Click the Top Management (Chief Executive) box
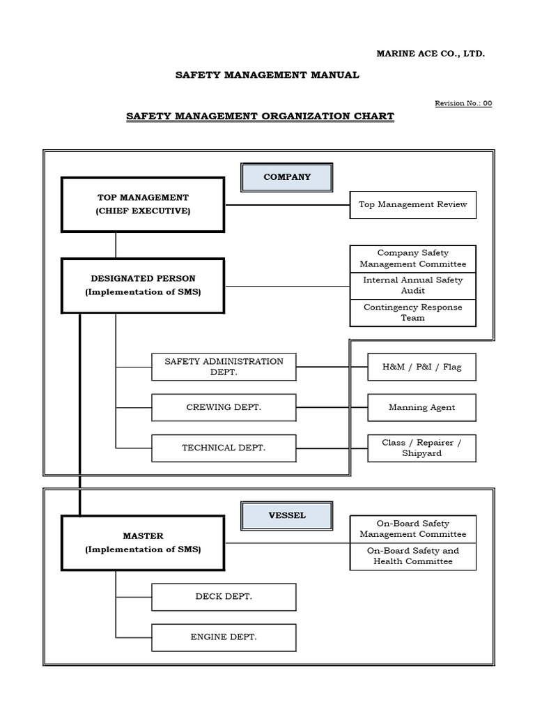click(x=143, y=204)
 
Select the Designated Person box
click(x=143, y=286)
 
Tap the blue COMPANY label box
click(x=287, y=177)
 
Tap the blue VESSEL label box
click(x=287, y=516)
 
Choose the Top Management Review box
click(x=412, y=205)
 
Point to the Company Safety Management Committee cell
click(x=412, y=259)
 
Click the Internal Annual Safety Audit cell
click(x=412, y=285)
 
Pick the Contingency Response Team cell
click(x=412, y=312)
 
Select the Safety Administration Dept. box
click(x=224, y=367)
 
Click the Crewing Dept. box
click(x=224, y=407)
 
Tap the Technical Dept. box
click(x=224, y=448)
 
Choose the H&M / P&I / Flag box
click(x=421, y=367)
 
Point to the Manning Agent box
click(x=421, y=407)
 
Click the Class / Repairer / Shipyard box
click(x=421, y=448)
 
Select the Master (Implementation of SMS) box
click(x=143, y=542)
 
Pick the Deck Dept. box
click(x=224, y=597)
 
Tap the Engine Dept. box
click(x=224, y=637)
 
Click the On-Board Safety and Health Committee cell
click(x=412, y=556)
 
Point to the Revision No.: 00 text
click(x=463, y=103)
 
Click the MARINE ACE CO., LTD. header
click(x=431, y=54)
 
